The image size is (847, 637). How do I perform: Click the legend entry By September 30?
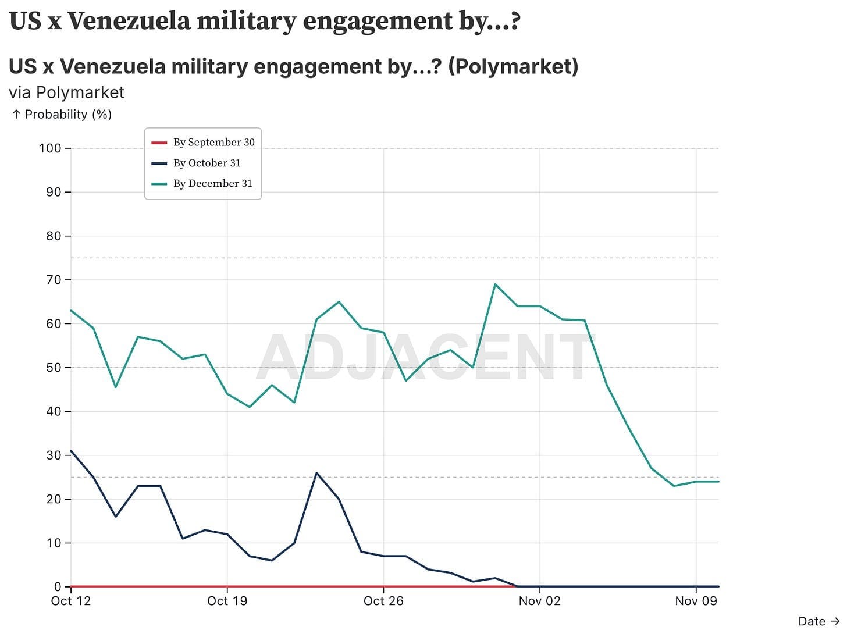coord(213,143)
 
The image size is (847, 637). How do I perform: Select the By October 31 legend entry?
coord(207,163)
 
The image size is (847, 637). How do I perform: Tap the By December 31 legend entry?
coord(212,184)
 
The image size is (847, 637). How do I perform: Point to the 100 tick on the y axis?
coord(50,148)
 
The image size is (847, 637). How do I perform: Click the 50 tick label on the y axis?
coord(54,368)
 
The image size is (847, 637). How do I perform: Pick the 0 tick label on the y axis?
coord(58,587)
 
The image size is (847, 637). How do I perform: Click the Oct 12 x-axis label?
coord(71,602)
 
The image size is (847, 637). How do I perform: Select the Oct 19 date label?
coord(227,602)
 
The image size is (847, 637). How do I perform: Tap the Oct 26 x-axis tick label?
coord(383,602)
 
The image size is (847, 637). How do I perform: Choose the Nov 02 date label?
coord(539,602)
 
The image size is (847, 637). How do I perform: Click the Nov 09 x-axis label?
coord(696,602)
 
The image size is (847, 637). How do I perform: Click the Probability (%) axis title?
coord(67,115)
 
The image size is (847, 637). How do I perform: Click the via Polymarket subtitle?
coord(66,92)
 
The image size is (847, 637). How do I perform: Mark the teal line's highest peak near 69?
coord(495,284)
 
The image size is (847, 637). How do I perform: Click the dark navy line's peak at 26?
coord(316,473)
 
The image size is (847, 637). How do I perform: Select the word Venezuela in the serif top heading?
coord(129,22)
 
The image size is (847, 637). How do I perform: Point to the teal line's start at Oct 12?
coord(71,311)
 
